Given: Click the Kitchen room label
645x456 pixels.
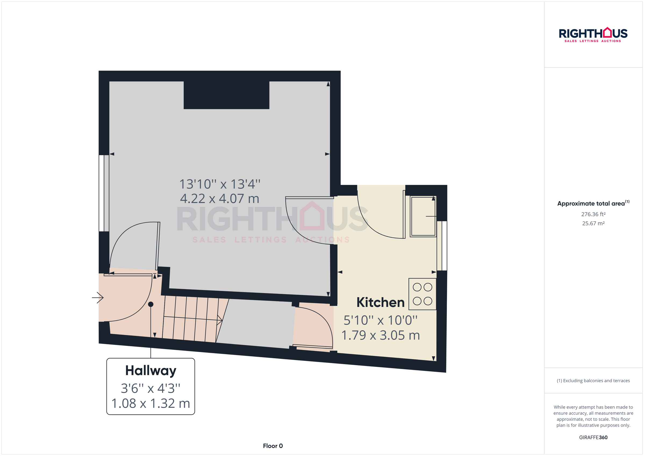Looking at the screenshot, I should click(380, 303).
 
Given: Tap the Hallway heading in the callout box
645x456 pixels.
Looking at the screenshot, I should click(150, 371).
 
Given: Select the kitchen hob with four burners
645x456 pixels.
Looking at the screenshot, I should click(422, 294).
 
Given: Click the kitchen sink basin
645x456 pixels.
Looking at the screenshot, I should click(423, 216).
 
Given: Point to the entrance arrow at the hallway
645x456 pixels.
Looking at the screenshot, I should click(98, 298).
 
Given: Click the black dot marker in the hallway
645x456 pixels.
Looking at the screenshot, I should click(150, 304).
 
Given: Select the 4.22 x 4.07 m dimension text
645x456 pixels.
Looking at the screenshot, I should click(219, 199).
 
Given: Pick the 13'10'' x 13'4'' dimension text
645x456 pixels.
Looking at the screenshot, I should click(219, 184).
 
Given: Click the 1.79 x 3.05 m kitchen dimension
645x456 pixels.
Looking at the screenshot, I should click(380, 335).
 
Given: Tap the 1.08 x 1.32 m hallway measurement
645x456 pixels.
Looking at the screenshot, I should click(150, 403).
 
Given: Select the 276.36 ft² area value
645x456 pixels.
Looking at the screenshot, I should click(593, 214).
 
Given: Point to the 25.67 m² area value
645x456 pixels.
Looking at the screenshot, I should click(593, 223).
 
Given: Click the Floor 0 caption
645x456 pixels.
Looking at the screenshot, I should click(273, 446).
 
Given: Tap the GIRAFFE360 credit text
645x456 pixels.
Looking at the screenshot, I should click(593, 437).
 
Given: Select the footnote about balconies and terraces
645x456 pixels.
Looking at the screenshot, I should click(593, 381).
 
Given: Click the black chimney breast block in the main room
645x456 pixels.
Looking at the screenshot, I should click(227, 95).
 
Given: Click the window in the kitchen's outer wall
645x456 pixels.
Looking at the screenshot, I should click(442, 246).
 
